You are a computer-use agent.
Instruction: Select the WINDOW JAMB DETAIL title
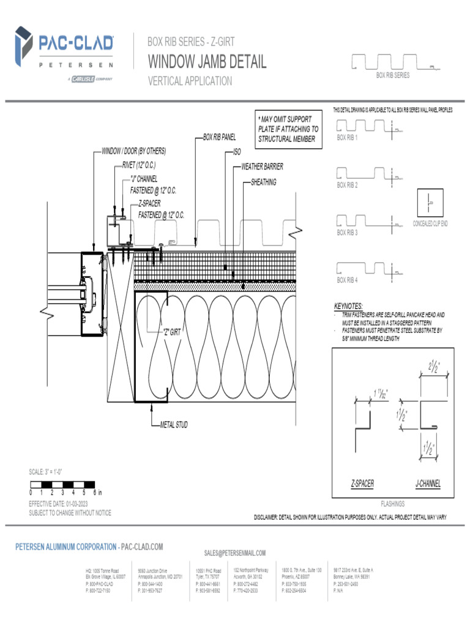point(207,62)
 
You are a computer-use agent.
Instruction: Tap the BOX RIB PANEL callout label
point(219,138)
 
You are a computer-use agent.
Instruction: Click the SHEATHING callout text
point(264,182)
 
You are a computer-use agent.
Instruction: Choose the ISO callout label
point(237,151)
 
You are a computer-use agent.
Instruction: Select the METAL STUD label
point(174,424)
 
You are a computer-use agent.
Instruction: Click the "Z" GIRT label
point(171,332)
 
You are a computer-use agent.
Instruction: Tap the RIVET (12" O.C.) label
point(139,165)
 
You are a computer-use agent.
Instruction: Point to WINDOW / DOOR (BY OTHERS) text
point(133,151)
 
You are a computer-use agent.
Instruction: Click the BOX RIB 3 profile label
point(348,233)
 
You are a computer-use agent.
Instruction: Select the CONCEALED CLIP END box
point(430,203)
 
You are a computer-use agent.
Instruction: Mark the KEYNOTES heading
point(348,306)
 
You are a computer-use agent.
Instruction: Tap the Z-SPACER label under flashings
point(362,484)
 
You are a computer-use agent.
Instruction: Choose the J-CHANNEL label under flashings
point(428,484)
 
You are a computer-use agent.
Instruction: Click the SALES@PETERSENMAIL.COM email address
point(235,553)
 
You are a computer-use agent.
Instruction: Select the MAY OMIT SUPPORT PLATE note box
point(288,129)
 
